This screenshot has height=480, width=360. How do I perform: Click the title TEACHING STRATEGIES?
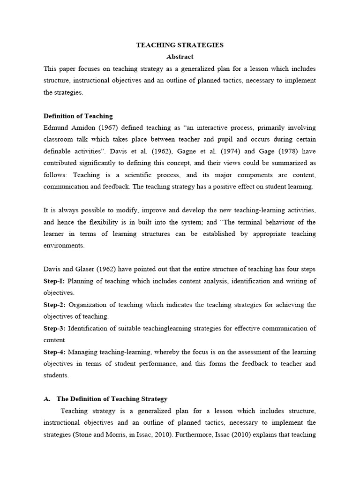pyautogui.click(x=180, y=45)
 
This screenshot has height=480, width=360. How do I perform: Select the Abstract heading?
pyautogui.click(x=180, y=57)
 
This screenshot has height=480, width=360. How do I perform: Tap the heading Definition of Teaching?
pyautogui.click(x=78, y=116)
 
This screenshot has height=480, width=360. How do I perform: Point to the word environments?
pyautogui.click(x=64, y=246)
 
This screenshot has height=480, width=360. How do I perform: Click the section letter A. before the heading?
pyautogui.click(x=47, y=399)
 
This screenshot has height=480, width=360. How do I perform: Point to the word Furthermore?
pyautogui.click(x=196, y=435)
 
